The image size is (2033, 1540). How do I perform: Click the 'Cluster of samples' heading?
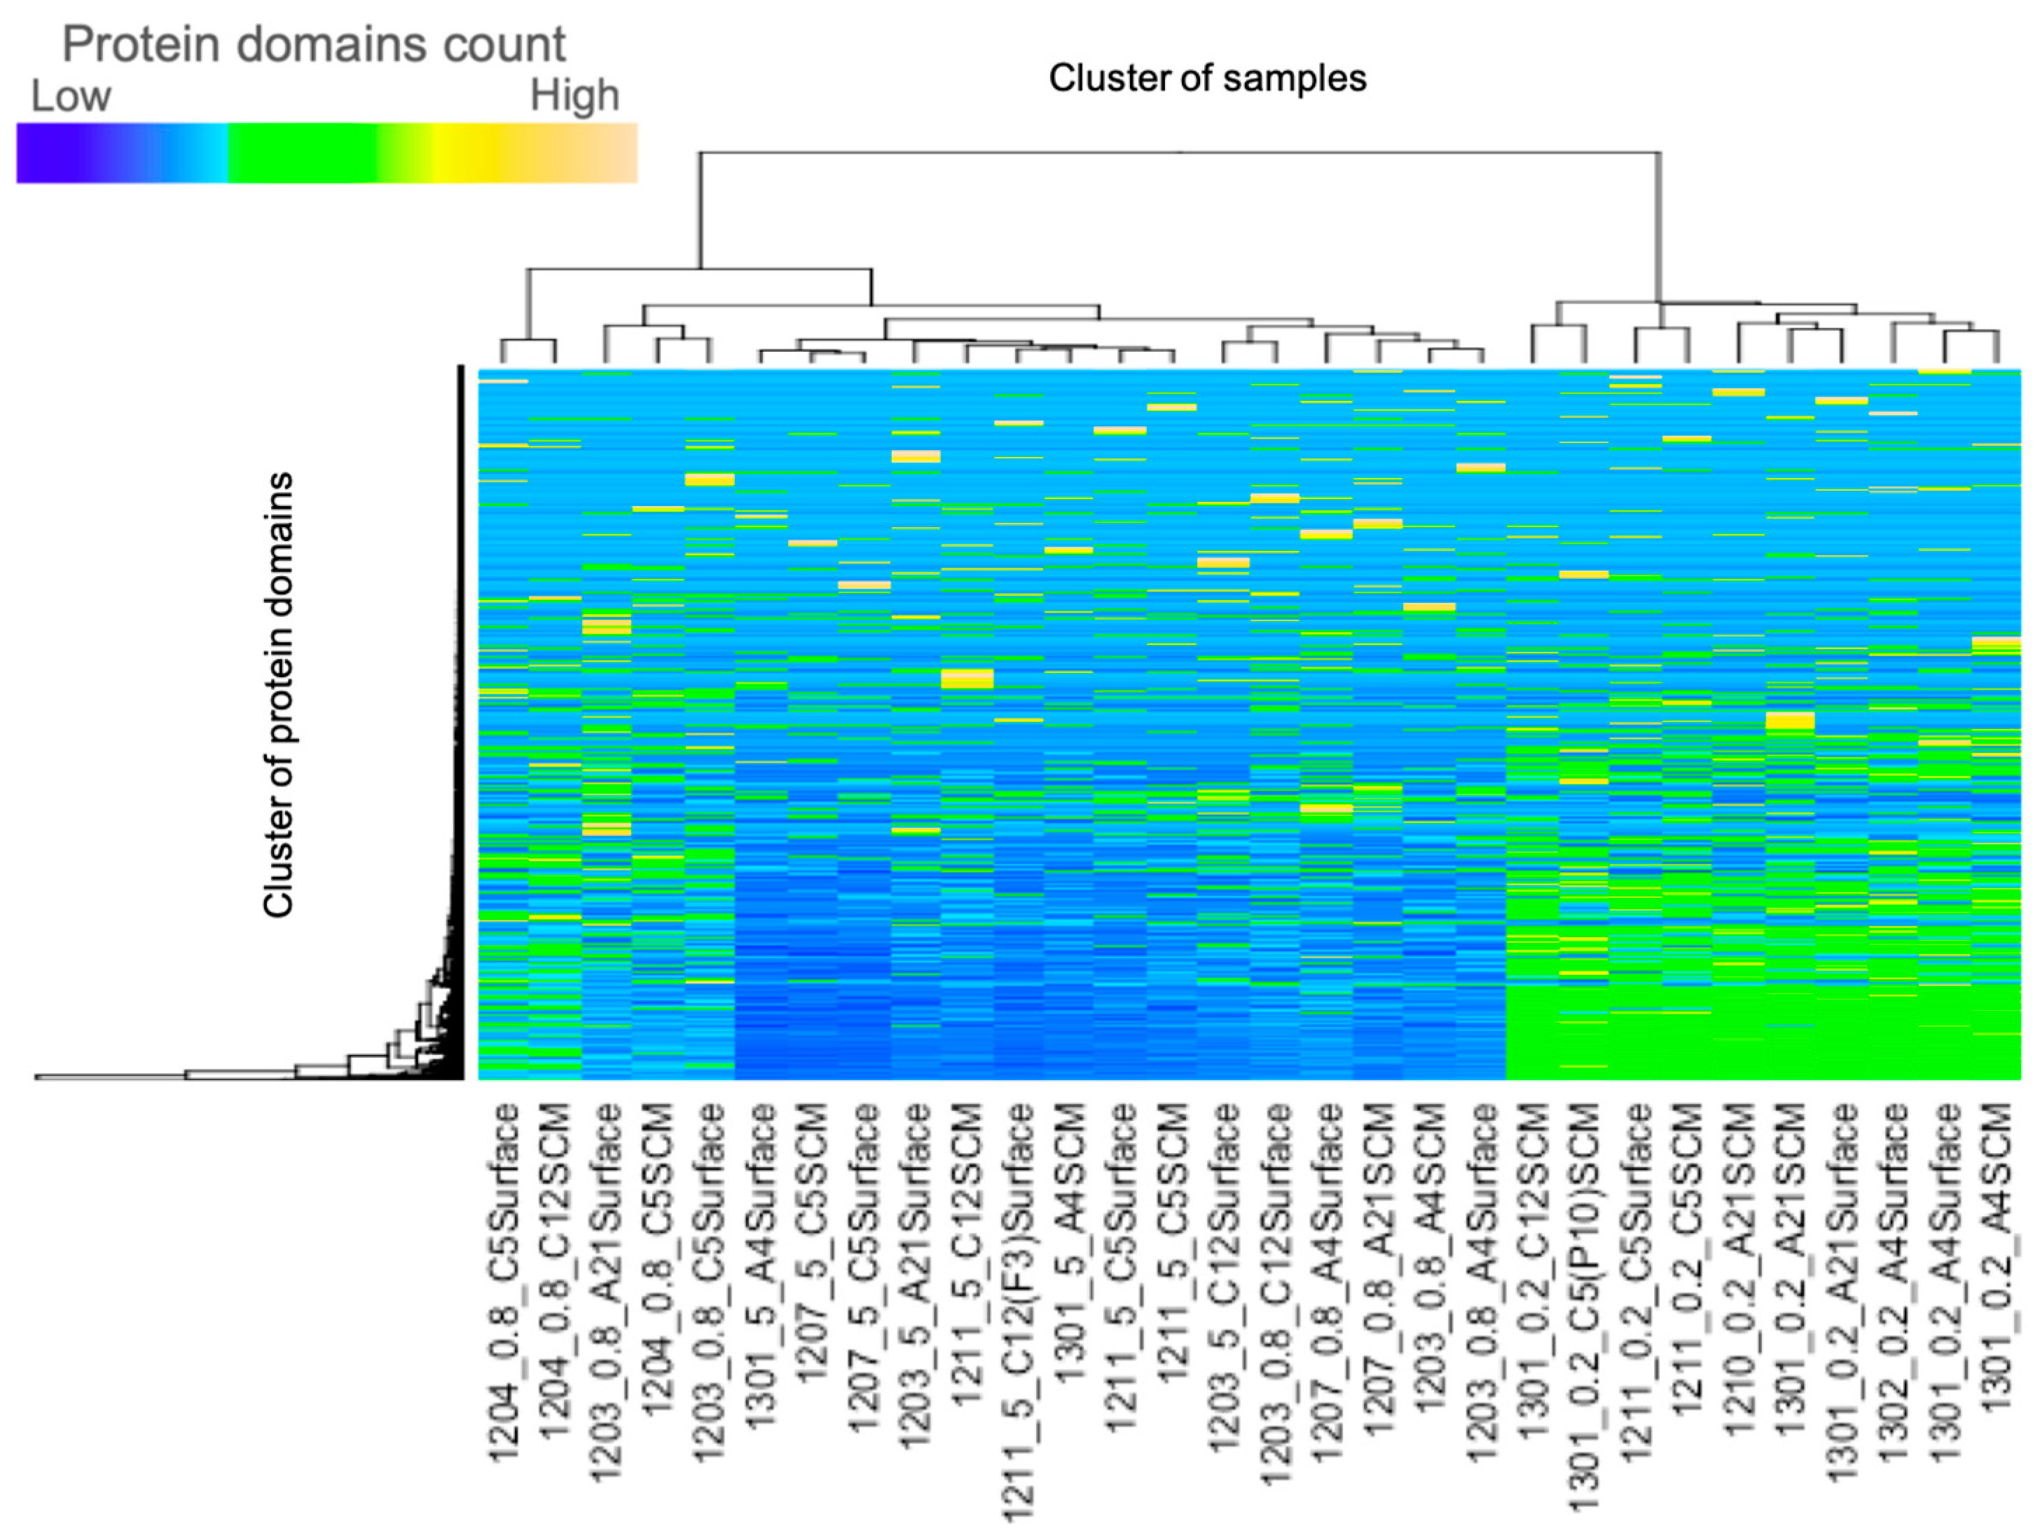click(1207, 78)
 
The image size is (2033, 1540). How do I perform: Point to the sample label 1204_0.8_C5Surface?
click(504, 1283)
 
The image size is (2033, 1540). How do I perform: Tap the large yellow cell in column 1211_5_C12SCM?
click(967, 679)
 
